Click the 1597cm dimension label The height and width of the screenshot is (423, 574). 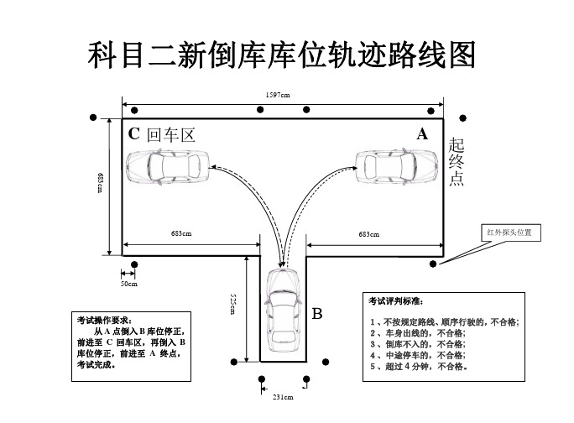coord(278,95)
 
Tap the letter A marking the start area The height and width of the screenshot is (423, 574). coord(422,134)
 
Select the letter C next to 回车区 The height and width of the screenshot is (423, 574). coord(133,134)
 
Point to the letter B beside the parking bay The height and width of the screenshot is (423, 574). coord(317,315)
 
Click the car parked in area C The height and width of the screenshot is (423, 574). coord(169,167)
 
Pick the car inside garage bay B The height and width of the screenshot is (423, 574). coord(282,313)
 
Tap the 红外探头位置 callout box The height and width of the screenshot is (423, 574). coord(510,231)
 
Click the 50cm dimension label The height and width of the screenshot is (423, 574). coord(128,285)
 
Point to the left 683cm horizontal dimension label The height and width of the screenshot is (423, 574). coord(182,234)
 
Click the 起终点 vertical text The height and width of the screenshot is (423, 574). coord(456,161)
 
